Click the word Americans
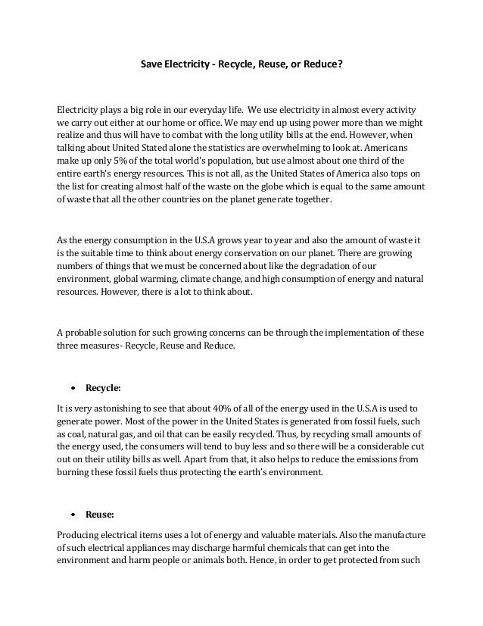pos(387,147)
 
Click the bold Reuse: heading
pos(100,514)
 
